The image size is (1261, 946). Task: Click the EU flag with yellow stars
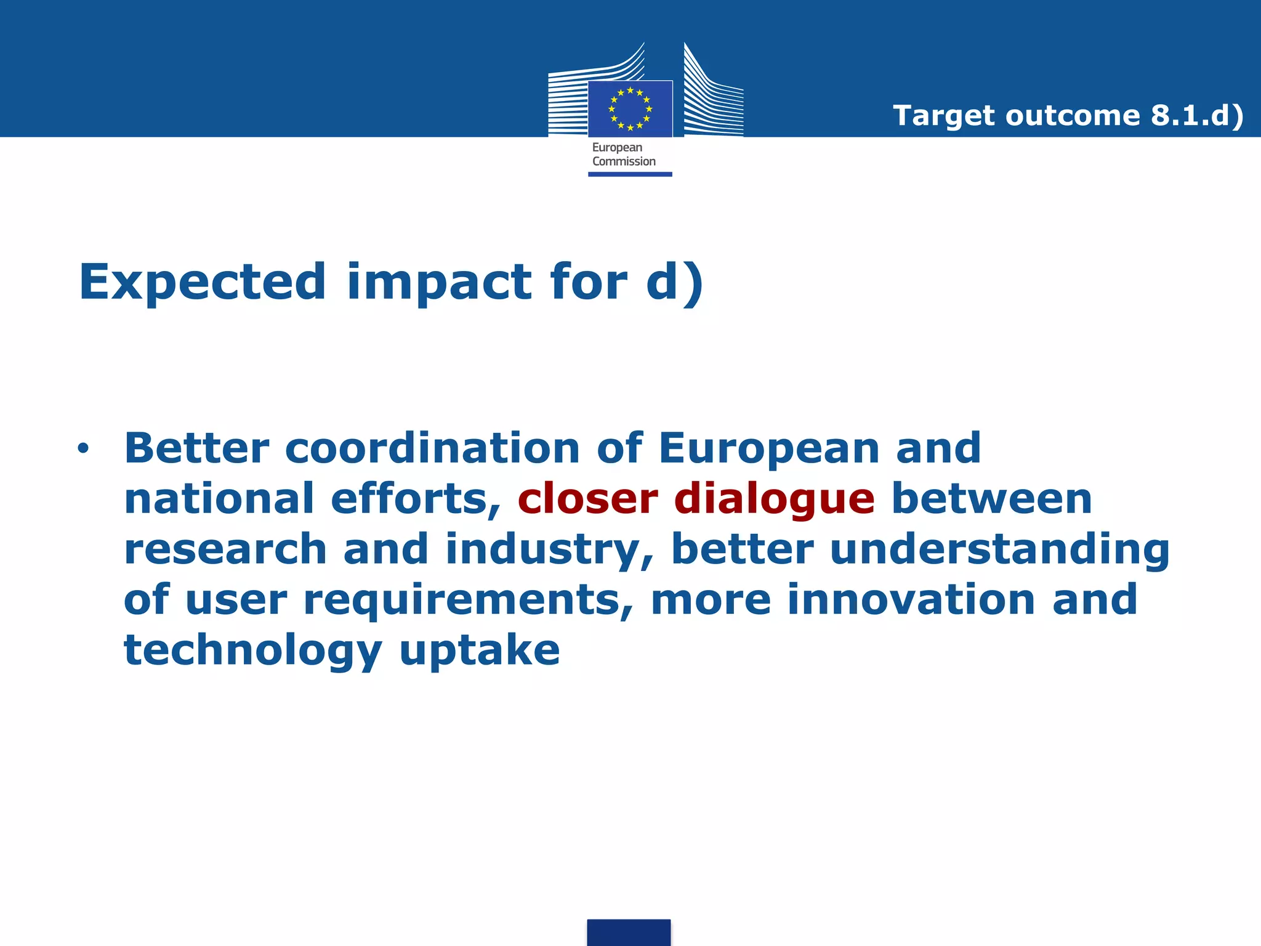tap(630, 109)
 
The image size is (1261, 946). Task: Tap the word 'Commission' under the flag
tap(624, 161)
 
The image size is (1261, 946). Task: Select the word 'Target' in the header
tap(943, 116)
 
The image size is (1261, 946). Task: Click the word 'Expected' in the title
tap(203, 282)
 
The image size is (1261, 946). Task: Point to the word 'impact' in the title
tap(439, 282)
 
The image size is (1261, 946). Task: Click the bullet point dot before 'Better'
tap(83, 448)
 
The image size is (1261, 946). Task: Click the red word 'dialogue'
tap(775, 499)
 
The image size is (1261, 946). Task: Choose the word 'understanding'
tap(999, 549)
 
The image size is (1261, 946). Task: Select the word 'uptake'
tap(480, 651)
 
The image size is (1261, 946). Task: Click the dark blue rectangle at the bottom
tap(629, 932)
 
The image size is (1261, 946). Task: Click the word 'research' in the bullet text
tap(225, 549)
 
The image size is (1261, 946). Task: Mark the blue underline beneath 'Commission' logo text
tap(630, 174)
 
